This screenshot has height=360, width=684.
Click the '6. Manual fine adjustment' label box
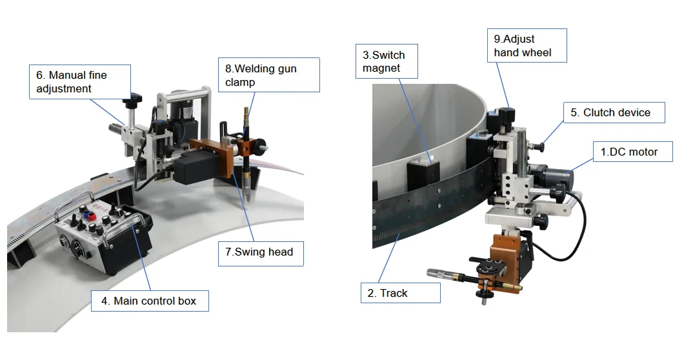(80, 82)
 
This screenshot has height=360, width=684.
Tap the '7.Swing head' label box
(259, 252)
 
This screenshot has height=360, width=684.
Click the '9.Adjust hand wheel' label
(526, 46)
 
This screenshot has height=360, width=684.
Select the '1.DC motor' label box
(632, 152)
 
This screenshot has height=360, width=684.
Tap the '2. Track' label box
(400, 293)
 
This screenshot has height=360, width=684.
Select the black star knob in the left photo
(134, 100)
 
